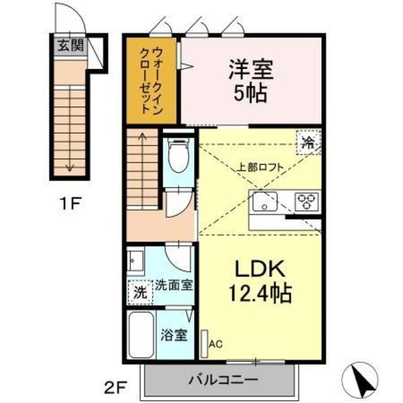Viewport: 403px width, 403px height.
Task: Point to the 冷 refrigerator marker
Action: (x=309, y=141)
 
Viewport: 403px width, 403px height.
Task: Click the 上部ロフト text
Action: (x=260, y=167)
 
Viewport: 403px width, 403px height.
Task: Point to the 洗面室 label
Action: (x=174, y=285)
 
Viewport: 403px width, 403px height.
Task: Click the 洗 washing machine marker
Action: (x=141, y=292)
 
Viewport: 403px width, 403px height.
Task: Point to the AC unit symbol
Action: (x=204, y=343)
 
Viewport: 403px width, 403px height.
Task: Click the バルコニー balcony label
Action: (x=222, y=380)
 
